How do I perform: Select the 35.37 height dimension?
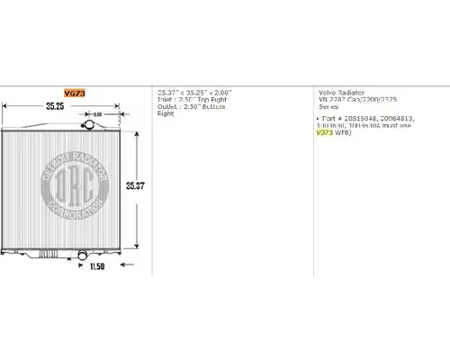(134, 185)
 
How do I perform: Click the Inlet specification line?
(193, 100)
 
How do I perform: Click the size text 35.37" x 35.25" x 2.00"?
(194, 93)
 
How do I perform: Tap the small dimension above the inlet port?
(97, 114)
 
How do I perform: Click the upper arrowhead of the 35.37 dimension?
(135, 131)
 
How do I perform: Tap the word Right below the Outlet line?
(166, 114)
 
